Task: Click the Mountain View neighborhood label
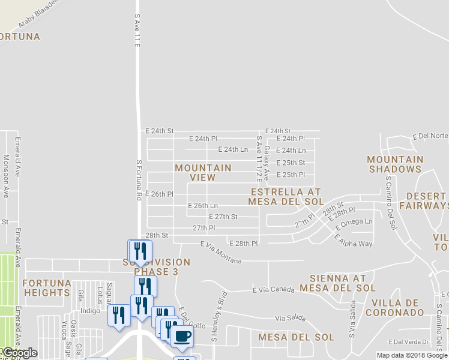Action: tap(203, 173)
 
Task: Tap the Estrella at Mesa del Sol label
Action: tap(286, 197)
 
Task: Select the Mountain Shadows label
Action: tap(394, 164)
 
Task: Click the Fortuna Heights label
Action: tap(47, 288)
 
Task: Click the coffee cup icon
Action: tap(182, 336)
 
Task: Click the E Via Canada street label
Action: tap(273, 290)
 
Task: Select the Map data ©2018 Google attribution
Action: tap(411, 355)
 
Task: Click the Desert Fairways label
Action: tap(427, 201)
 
